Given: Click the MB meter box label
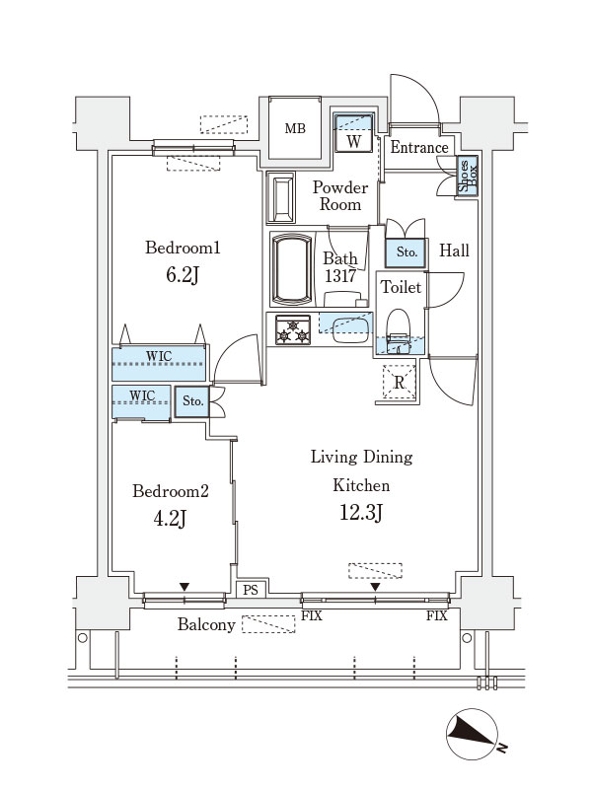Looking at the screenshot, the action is click(295, 128).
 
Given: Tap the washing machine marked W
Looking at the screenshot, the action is click(354, 133).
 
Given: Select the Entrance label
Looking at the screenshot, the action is click(419, 147).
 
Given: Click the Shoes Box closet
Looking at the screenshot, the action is click(467, 176).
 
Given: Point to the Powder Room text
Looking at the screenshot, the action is click(340, 195).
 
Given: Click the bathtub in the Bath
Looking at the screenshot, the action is click(291, 268).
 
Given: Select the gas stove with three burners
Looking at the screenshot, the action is click(293, 329).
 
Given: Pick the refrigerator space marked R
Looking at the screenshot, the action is click(400, 382).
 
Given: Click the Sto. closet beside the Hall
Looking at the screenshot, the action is click(407, 252).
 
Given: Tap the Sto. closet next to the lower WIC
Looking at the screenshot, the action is click(192, 401).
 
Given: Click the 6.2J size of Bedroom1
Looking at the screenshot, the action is click(183, 275).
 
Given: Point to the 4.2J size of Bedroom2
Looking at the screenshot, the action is click(170, 518).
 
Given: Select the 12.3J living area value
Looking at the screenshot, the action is click(361, 513).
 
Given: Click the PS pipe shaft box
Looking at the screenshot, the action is click(251, 589).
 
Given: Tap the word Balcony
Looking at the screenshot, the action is click(206, 625).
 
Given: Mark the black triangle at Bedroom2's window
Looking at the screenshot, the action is click(185, 587).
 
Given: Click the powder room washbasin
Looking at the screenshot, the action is click(281, 198).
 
